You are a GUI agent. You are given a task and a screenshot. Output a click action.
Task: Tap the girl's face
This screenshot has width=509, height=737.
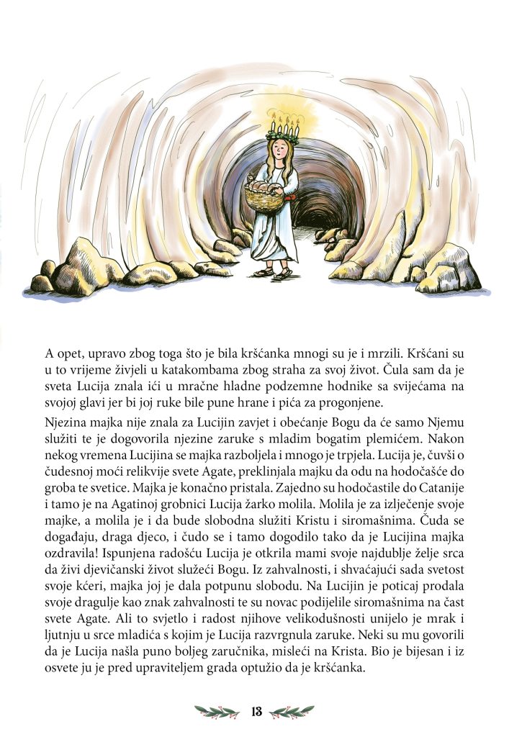(x=275, y=154)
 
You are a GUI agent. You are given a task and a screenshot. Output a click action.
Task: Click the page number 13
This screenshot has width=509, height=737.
(x=255, y=712)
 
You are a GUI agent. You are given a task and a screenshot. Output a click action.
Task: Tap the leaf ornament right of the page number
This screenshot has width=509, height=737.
(x=292, y=712)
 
